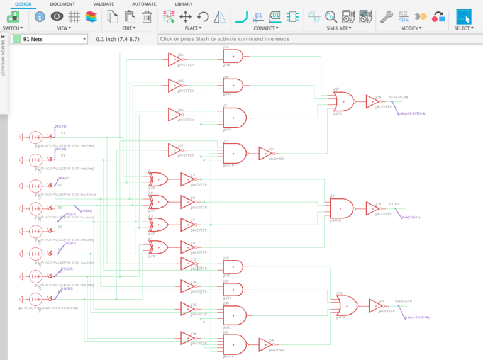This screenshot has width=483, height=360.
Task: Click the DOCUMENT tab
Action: [62, 4]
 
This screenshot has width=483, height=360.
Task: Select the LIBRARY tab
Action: [184, 4]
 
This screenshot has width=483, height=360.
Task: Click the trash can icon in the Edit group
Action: [147, 17]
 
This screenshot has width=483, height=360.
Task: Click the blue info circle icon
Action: [40, 17]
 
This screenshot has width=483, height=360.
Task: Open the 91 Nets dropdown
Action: [49, 39]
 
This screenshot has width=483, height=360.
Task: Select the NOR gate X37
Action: [345, 101]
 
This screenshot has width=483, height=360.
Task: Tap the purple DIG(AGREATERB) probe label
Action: [411, 114]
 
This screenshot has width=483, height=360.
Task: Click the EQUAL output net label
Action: [394, 204]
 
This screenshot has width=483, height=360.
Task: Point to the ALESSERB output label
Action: [402, 301]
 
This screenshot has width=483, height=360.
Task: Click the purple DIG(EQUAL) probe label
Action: [411, 217]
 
